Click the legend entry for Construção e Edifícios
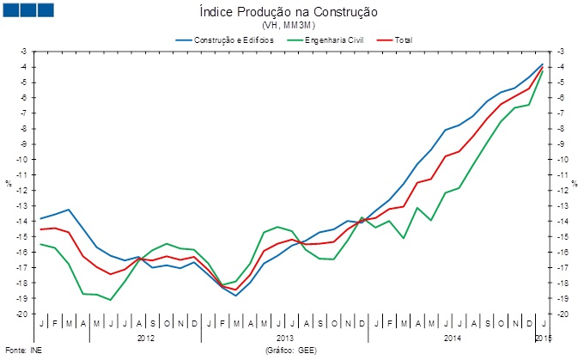pyautogui.click(x=222, y=40)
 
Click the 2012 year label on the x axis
pyautogui.click(x=146, y=338)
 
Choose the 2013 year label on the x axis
pyautogui.click(x=285, y=338)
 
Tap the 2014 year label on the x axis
pyautogui.click(x=452, y=338)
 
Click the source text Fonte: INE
pyautogui.click(x=22, y=351)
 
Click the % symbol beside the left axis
pyautogui.click(x=8, y=183)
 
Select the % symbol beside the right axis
pyautogui.click(x=575, y=183)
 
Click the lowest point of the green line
pyautogui.click(x=110, y=300)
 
